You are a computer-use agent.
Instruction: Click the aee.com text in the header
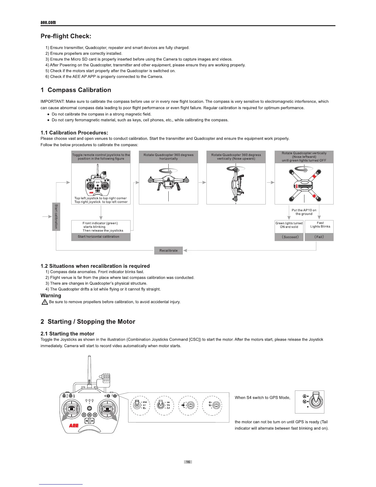point(48,22)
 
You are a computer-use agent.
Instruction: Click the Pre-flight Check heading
point(66,36)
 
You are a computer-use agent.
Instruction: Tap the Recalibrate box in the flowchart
point(168,251)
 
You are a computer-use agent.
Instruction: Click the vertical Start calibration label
point(56,216)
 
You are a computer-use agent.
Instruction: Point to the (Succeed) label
point(289,237)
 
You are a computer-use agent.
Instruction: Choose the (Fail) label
point(319,237)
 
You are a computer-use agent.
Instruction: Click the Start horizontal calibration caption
point(99,237)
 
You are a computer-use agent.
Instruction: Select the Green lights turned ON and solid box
point(289,225)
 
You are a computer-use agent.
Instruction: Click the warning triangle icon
point(45,302)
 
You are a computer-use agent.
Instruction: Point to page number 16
point(188,462)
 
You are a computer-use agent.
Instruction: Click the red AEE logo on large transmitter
point(74,426)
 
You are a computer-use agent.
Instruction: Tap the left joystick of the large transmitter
point(72,409)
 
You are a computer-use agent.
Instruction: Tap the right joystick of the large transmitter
point(107,409)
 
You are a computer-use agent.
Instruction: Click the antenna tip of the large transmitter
point(89,357)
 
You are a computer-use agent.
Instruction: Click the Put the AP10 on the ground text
point(304,212)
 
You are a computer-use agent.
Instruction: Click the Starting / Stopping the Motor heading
point(88,322)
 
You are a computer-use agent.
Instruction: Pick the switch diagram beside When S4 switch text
point(310,402)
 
